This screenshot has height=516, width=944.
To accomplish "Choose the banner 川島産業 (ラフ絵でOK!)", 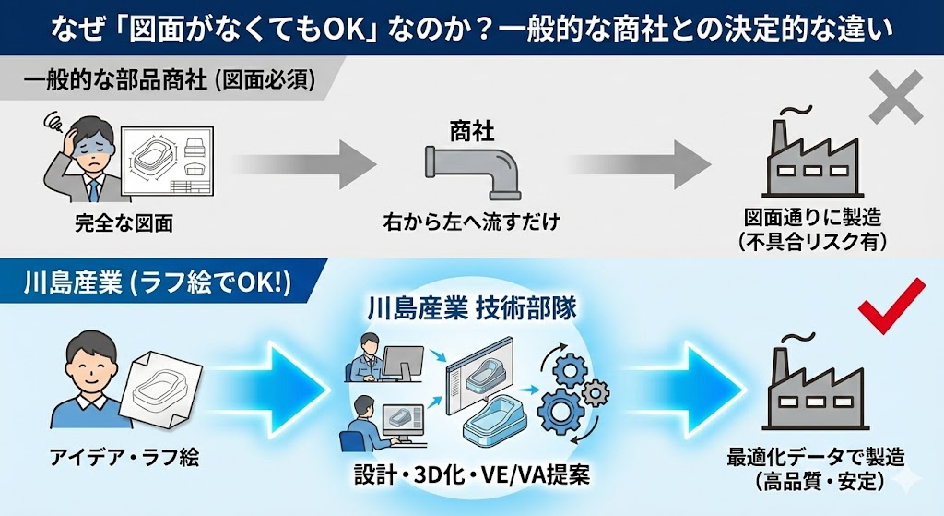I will click(157, 282).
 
